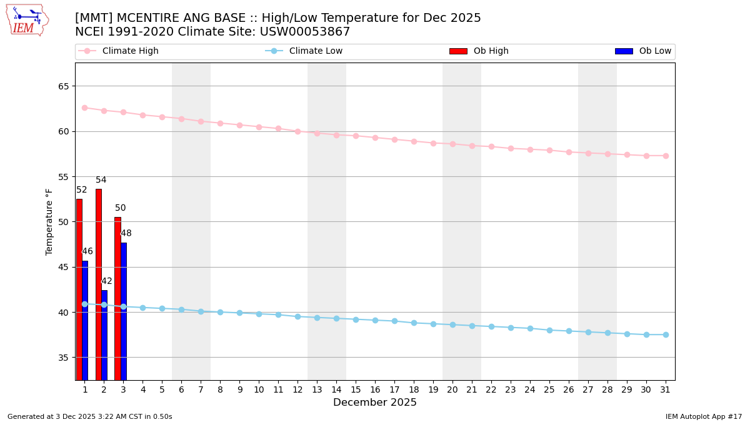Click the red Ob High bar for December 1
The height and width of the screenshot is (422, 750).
point(79,289)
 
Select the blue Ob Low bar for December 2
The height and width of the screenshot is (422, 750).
point(104,334)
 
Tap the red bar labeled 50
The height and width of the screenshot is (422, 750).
point(117,298)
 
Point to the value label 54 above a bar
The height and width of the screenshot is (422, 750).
point(101,180)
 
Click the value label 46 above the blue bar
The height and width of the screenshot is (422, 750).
point(87,251)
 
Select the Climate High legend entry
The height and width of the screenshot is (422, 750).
point(130,51)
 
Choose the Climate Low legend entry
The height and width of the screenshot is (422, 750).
point(315,51)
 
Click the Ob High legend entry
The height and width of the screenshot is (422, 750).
point(491,51)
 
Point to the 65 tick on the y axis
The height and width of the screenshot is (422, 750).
point(64,86)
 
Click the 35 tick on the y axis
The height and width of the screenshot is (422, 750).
point(64,358)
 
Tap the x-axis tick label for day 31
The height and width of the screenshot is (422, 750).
point(666,389)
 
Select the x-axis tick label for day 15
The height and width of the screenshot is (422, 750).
point(356,389)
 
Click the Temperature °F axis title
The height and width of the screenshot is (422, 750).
point(49,221)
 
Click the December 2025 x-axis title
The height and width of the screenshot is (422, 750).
point(374,403)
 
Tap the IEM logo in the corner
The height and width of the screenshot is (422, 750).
point(27,20)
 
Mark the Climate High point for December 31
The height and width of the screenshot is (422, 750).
point(666,156)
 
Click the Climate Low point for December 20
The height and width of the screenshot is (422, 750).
point(452,325)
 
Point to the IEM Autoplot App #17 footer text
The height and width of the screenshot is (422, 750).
point(704,416)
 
